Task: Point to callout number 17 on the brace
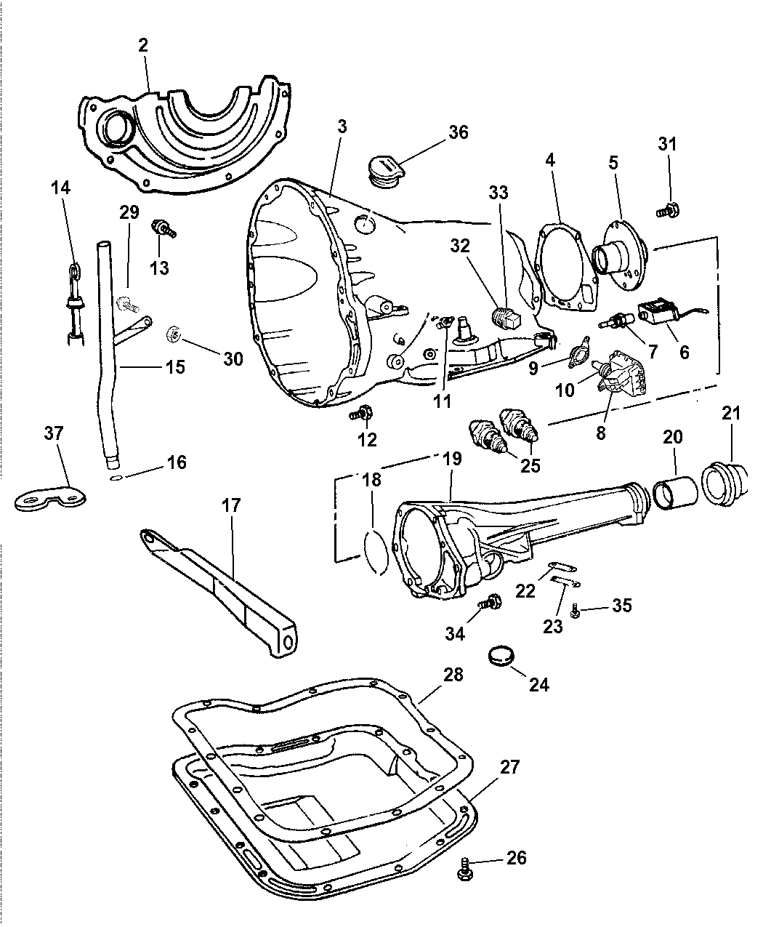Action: click(x=232, y=505)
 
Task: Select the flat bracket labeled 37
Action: click(x=51, y=498)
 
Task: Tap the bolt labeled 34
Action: click(x=490, y=603)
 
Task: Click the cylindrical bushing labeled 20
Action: click(x=675, y=489)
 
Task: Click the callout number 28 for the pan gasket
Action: click(x=453, y=674)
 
